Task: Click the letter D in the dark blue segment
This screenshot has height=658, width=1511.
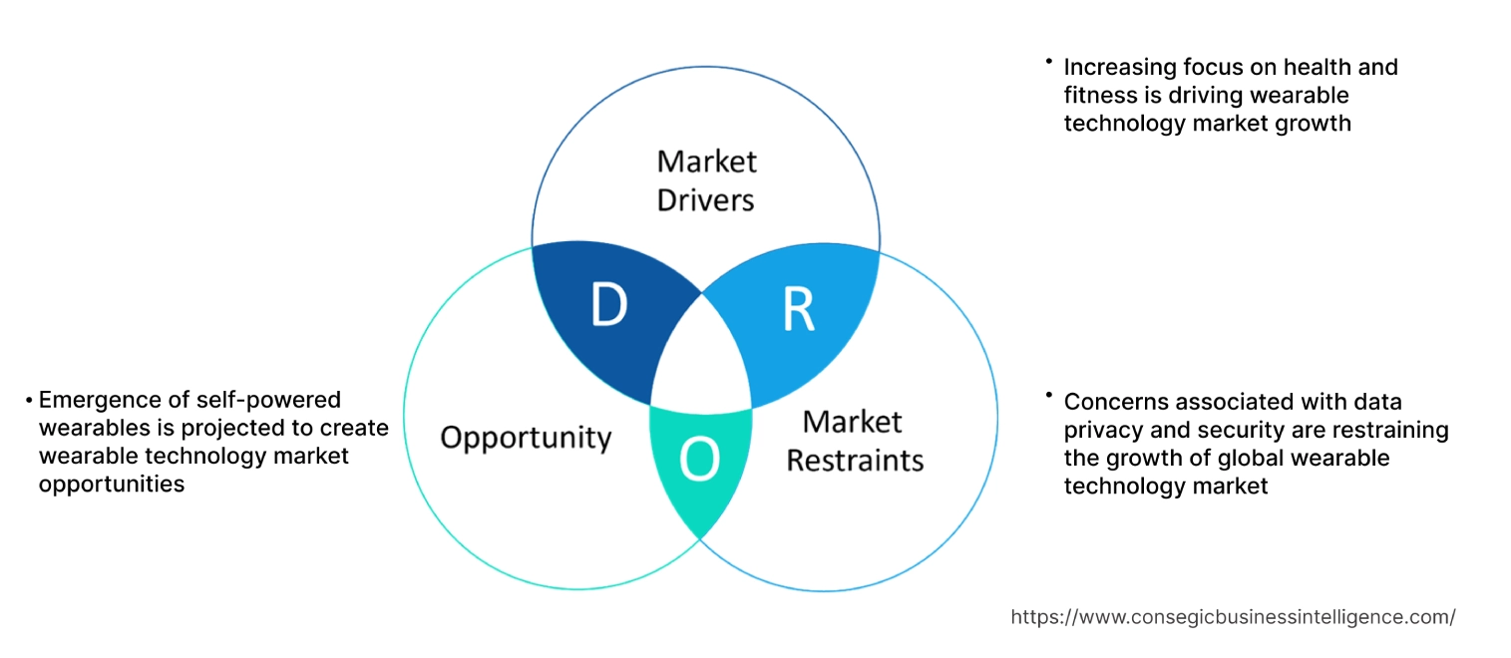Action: click(x=607, y=306)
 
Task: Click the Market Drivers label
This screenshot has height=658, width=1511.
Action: click(x=706, y=180)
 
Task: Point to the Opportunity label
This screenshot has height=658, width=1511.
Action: click(x=526, y=437)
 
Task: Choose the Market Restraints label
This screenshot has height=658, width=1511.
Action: click(x=855, y=441)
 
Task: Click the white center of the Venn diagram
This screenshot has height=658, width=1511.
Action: click(x=702, y=359)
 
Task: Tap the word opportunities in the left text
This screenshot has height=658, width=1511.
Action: click(x=111, y=484)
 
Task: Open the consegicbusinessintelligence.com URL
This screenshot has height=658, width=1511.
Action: click(x=1233, y=617)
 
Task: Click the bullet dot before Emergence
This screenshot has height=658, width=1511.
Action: click(x=29, y=401)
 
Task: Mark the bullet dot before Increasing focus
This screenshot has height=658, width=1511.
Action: click(x=1049, y=62)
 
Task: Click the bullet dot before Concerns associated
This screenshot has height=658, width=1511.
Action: click(x=1049, y=396)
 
